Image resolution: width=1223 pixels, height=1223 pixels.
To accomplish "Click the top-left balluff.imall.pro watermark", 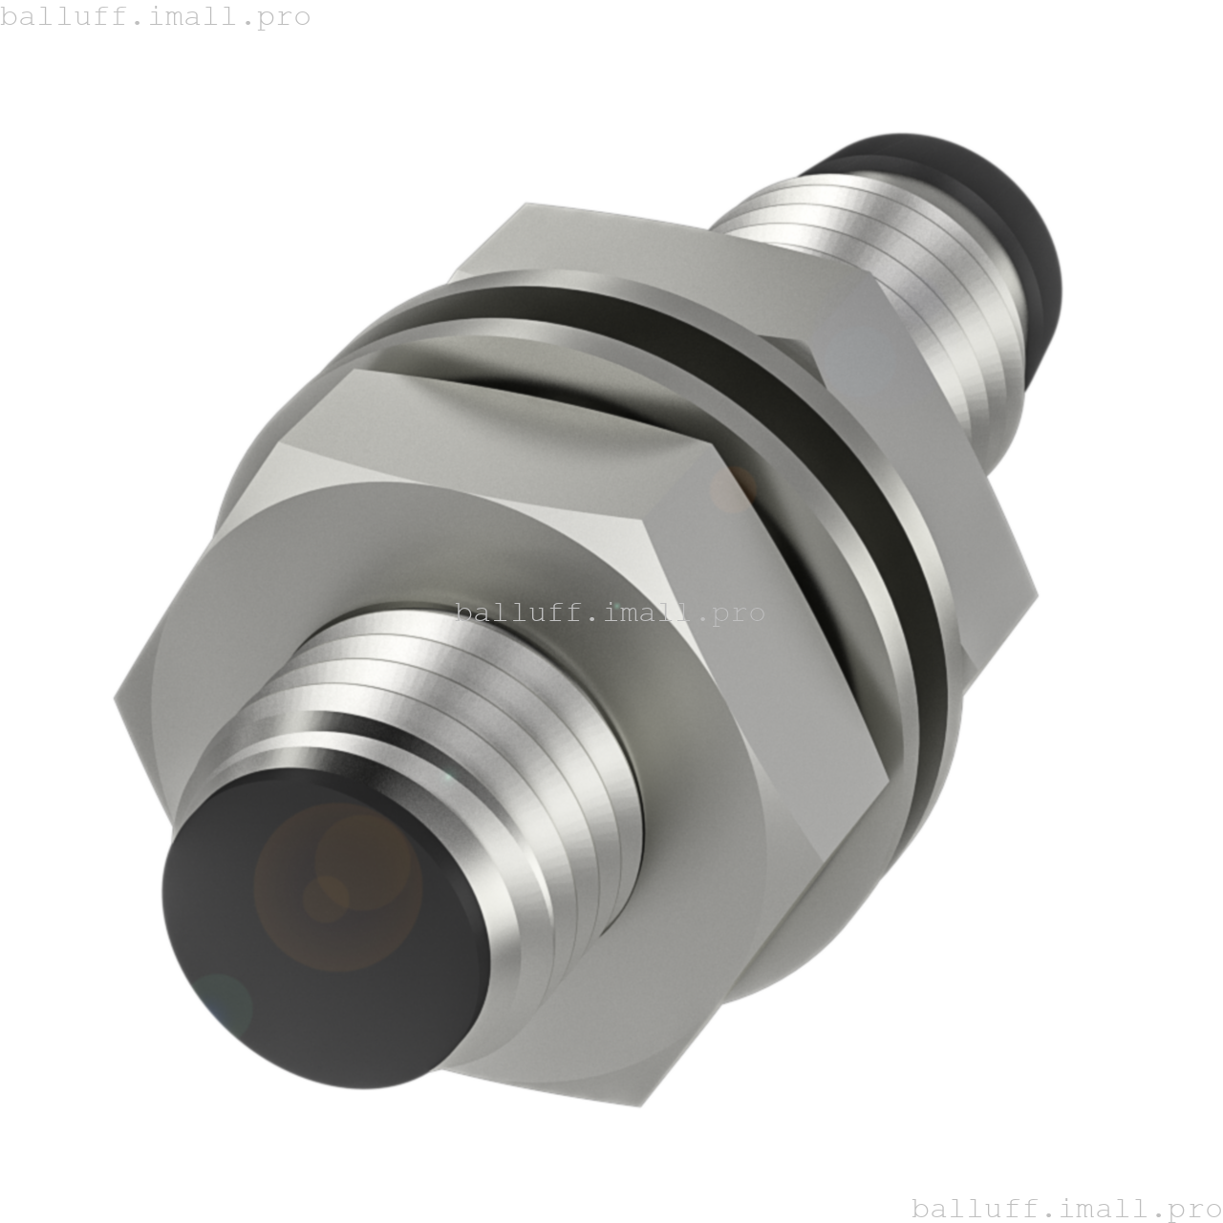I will click(x=156, y=16).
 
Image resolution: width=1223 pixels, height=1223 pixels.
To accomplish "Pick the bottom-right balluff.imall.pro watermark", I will click(x=1066, y=1208).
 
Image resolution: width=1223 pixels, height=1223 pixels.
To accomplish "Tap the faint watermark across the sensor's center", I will click(x=610, y=611).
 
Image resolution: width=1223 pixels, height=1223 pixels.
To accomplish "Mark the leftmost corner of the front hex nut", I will click(x=116, y=699).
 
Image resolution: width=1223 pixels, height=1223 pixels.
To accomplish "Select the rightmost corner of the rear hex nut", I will click(x=1037, y=594).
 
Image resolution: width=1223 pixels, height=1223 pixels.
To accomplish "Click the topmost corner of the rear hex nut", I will click(x=527, y=204).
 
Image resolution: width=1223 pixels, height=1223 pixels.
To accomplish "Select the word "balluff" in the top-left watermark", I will click(x=54, y=16).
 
